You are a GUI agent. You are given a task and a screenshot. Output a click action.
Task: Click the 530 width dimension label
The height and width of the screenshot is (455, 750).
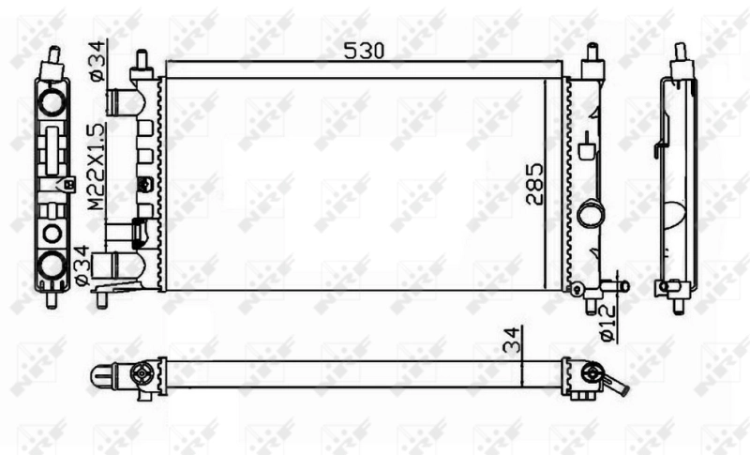tap(364, 52)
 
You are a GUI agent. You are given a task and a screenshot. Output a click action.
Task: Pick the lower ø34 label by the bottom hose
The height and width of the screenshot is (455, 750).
tap(82, 265)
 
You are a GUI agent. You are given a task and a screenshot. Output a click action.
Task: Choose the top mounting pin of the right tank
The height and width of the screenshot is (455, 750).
tap(592, 61)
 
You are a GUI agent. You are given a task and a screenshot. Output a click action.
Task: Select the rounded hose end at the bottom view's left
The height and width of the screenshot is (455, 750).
tap(101, 375)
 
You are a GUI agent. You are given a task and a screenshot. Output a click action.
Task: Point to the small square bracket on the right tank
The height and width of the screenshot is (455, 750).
tap(588, 149)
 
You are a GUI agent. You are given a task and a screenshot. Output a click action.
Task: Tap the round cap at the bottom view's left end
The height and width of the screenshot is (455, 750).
tap(142, 374)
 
